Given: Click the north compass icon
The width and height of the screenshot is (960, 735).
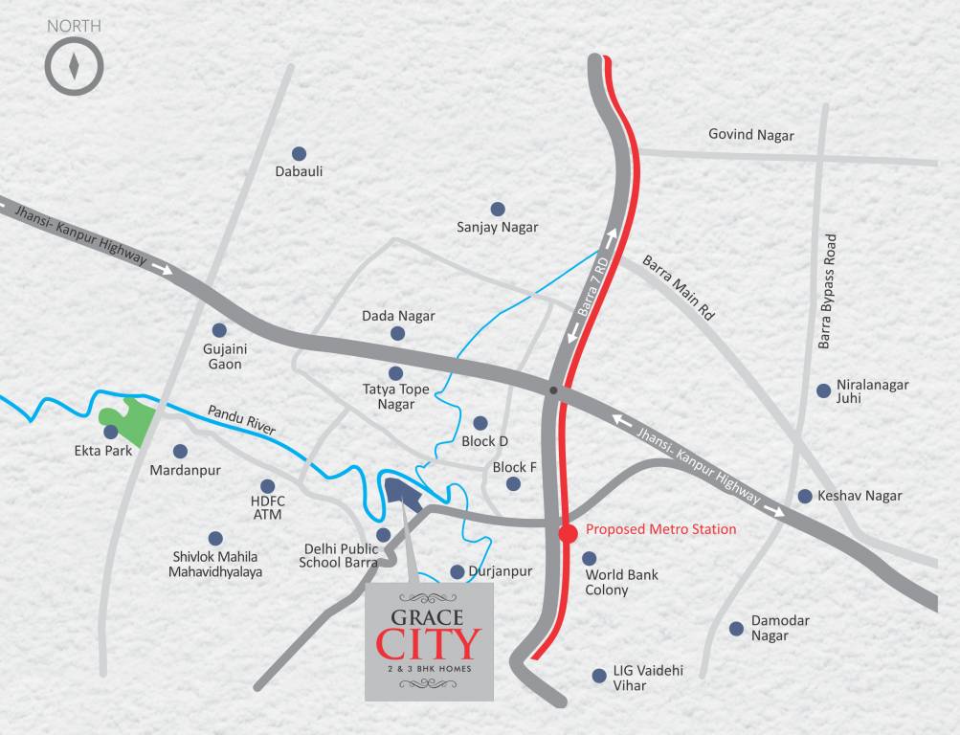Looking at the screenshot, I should pos(74,66).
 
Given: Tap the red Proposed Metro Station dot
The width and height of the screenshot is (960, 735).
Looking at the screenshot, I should pos(568,533).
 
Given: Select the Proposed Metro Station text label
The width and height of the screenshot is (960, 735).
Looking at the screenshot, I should pos(660,529).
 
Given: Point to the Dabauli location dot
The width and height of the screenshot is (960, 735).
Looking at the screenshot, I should pos(299,153).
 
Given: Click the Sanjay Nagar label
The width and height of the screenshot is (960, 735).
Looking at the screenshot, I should pos(497,228).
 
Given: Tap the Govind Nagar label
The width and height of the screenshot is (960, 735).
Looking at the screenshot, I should pos(750,135).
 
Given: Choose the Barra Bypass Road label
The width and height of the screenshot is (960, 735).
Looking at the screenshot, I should pos(829,291).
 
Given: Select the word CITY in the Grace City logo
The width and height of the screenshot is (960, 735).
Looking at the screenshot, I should pos(429,643).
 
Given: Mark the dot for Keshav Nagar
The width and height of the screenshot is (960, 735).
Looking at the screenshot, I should pos(805,496).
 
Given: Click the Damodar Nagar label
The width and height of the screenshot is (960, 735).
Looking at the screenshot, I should pos(779,628).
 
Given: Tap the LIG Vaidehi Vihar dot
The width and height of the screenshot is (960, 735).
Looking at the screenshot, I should pos(598,675).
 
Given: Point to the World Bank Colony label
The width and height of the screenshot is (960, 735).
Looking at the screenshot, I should pos(621,583).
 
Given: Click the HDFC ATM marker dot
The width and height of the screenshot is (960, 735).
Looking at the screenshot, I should pos(267,486).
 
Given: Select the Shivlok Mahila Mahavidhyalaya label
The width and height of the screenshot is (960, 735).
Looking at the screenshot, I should pos(215,564).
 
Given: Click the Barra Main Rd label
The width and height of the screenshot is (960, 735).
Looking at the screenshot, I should pos(679,287).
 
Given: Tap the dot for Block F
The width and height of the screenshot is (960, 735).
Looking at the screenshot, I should pos(513,484).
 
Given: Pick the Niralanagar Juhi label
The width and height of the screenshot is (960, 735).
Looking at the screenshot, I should pos(872,391).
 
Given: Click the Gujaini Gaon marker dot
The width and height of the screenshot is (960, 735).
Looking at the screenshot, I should pos(219,330).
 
